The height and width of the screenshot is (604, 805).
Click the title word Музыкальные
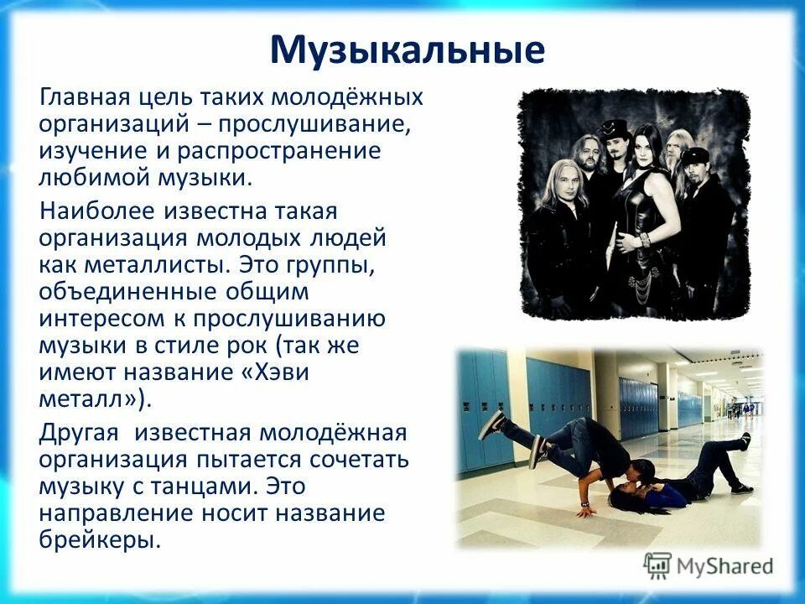tap(408, 49)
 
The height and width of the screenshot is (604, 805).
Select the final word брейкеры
tap(99, 539)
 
